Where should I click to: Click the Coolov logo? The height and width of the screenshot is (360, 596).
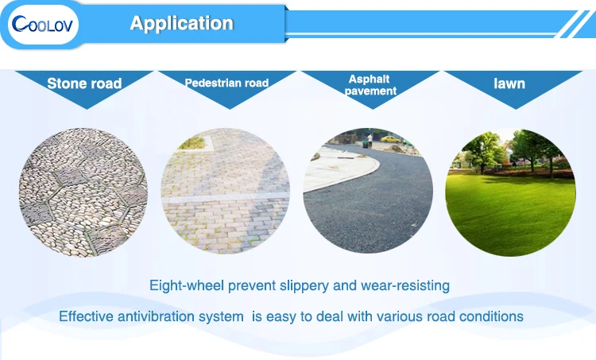click(43, 25)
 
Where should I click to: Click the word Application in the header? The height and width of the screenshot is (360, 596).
click(182, 23)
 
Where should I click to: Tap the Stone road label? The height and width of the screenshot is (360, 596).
click(84, 83)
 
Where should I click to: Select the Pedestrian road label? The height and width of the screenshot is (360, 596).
click(226, 83)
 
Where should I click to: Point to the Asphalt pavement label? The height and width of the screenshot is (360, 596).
click(370, 85)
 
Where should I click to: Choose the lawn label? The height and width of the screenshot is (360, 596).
click(509, 83)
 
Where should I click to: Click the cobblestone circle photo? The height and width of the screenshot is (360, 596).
click(83, 192)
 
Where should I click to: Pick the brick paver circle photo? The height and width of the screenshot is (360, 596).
click(226, 192)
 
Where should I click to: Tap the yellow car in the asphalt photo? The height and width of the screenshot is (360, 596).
click(391, 139)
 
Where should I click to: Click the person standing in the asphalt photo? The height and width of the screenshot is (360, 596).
click(370, 140)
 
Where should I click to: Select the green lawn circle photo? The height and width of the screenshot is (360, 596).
click(510, 192)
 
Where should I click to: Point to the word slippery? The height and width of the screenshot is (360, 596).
click(304, 286)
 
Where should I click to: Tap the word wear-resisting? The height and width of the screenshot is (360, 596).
click(405, 285)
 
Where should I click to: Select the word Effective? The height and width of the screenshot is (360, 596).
click(87, 316)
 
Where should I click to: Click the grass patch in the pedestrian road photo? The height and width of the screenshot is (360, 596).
click(193, 143)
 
